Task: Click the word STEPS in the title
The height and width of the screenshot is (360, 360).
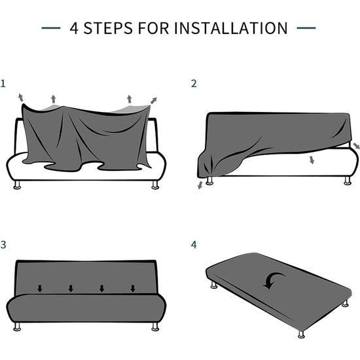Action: [108, 28]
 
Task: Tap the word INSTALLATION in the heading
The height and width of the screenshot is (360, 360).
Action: [231, 28]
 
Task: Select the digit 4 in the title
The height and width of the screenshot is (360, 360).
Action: [74, 28]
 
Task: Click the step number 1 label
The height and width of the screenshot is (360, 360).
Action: [3, 84]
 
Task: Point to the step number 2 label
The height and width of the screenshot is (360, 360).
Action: [194, 84]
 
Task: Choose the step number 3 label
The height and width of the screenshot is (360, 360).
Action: [3, 245]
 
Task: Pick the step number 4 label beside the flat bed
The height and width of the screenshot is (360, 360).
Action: [194, 245]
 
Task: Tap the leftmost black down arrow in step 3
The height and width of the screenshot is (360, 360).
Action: [40, 289]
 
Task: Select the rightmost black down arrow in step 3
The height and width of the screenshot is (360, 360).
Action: [133, 289]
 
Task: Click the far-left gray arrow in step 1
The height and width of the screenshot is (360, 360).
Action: [21, 98]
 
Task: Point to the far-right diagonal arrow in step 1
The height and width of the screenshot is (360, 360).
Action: [154, 100]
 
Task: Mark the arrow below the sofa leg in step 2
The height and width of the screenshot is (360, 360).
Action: [200, 185]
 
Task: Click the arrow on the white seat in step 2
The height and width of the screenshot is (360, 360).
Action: [312, 160]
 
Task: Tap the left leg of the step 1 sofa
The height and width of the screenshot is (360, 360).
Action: [17, 185]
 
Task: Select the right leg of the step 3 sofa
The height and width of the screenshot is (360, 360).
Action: [155, 327]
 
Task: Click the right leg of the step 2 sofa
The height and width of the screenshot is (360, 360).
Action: [348, 181]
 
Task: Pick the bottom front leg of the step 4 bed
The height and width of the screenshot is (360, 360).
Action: [301, 334]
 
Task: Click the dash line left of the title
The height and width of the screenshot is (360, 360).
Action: [51, 28]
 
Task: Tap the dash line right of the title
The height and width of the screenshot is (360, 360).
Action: [306, 28]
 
